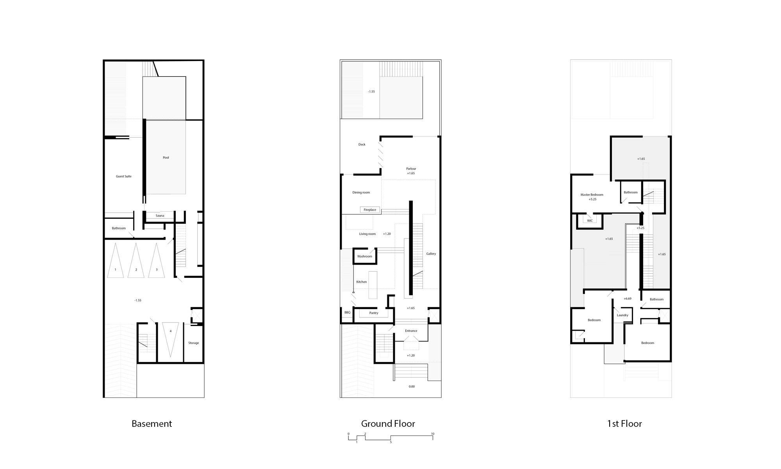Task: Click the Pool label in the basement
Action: click(x=166, y=158)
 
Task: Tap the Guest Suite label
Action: click(x=124, y=176)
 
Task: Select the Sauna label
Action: click(x=160, y=216)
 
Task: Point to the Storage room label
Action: click(x=194, y=343)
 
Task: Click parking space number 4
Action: click(x=171, y=331)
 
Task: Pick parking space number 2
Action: click(x=136, y=270)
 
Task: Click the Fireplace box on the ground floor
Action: click(x=370, y=210)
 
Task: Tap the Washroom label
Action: click(x=365, y=256)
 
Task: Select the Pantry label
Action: click(x=374, y=313)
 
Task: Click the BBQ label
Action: click(x=348, y=313)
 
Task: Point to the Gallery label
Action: click(x=431, y=254)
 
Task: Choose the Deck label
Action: click(x=362, y=145)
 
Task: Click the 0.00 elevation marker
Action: click(x=412, y=387)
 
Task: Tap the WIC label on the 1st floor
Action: click(x=590, y=221)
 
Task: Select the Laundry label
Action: click(x=622, y=315)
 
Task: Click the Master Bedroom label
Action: click(x=592, y=195)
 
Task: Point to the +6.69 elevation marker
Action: click(x=628, y=299)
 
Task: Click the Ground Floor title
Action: click(x=388, y=424)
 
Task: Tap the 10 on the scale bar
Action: click(x=433, y=434)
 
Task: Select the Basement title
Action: click(x=152, y=424)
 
